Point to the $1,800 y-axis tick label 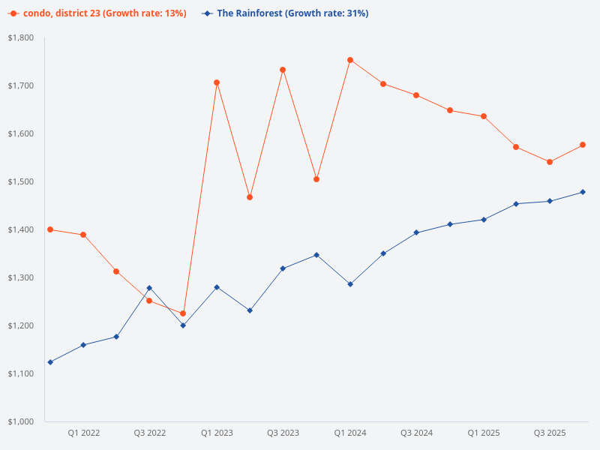21,37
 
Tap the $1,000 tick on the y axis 21,421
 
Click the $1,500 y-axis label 21,181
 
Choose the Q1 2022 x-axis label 83,433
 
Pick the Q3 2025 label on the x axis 550,433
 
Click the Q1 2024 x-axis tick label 350,433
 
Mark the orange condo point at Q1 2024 350,60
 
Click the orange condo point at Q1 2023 217,82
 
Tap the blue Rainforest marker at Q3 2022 149,288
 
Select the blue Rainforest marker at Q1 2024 350,284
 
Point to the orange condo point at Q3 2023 283,70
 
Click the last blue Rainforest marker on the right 583,192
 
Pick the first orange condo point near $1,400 50,229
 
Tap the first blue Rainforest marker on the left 50,362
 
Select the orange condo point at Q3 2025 550,162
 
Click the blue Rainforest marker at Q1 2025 484,220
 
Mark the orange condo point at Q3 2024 416,95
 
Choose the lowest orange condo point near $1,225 183,313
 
